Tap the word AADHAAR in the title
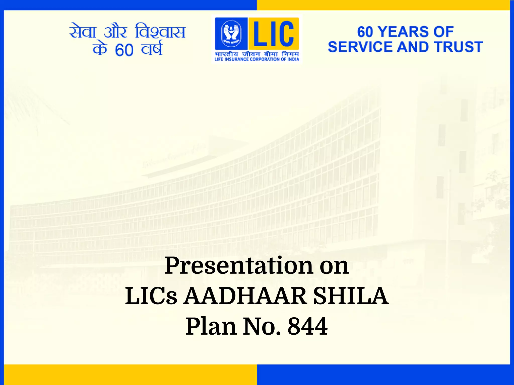(x=245, y=296)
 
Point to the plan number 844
(x=307, y=326)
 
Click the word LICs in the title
(x=151, y=296)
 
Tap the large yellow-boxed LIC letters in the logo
(x=274, y=34)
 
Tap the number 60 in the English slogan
(x=365, y=32)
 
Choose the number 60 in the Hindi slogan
(x=124, y=50)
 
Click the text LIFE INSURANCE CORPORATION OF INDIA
(x=257, y=59)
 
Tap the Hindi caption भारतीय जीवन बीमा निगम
(x=257, y=54)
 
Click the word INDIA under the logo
(x=293, y=59)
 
